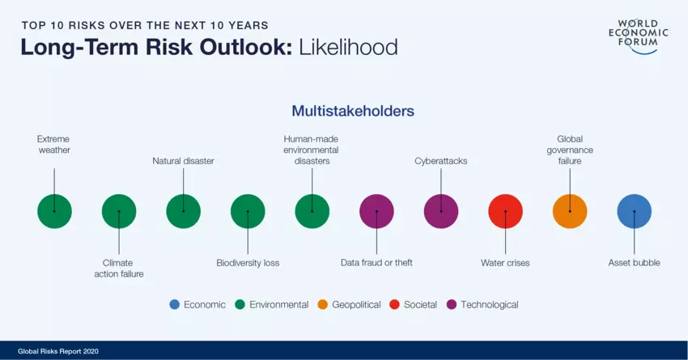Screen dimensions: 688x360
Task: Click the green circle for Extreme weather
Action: pyautogui.click(x=54, y=211)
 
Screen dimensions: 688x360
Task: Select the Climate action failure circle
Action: pyautogui.click(x=119, y=211)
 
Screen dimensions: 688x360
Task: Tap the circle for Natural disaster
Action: pyautogui.click(x=184, y=211)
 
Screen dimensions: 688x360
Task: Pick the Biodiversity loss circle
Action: pyautogui.click(x=248, y=211)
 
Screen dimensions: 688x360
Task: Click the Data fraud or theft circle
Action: pyautogui.click(x=376, y=211)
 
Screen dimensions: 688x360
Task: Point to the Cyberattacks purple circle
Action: pyautogui.click(x=441, y=211)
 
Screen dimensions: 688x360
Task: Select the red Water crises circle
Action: pyautogui.click(x=505, y=211)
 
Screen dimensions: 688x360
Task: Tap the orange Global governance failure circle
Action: pyautogui.click(x=570, y=211)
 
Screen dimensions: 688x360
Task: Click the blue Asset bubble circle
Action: pyautogui.click(x=635, y=211)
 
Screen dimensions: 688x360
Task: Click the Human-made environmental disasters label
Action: pyautogui.click(x=311, y=150)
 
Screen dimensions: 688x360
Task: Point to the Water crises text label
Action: pyautogui.click(x=505, y=263)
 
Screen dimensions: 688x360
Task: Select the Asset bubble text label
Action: pyautogui.click(x=634, y=263)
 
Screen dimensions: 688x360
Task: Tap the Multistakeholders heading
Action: pyautogui.click(x=353, y=111)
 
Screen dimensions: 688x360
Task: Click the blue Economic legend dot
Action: pyautogui.click(x=175, y=304)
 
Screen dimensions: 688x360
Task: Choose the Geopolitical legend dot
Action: pyautogui.click(x=322, y=304)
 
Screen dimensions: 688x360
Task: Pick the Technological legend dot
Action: pyautogui.click(x=452, y=304)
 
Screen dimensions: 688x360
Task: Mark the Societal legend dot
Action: pyautogui.click(x=394, y=304)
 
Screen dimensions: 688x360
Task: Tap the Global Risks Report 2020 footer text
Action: pyautogui.click(x=58, y=351)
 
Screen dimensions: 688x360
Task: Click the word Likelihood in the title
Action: pyautogui.click(x=348, y=47)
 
